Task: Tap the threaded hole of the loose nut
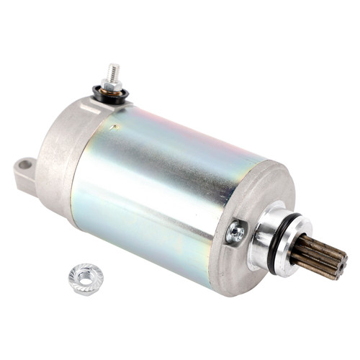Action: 85,275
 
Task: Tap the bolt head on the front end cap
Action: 235,232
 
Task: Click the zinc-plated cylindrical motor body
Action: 166,180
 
